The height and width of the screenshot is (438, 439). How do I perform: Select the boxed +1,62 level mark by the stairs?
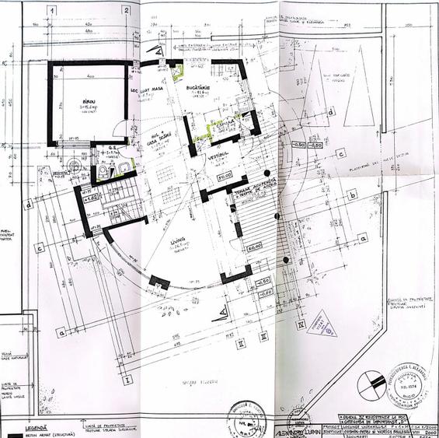[92, 199]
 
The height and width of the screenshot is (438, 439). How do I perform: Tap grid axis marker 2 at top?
[126, 11]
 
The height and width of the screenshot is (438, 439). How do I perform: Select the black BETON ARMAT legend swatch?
[12, 434]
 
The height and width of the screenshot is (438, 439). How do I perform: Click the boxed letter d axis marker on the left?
[30, 205]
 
